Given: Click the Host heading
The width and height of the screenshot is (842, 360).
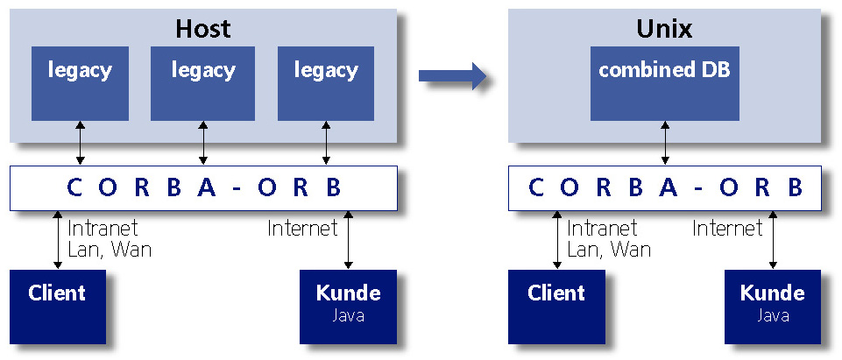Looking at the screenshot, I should point(202,28).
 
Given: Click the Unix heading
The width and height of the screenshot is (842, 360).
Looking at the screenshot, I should point(663,28).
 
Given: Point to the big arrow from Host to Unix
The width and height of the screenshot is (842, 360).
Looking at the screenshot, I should point(451,76).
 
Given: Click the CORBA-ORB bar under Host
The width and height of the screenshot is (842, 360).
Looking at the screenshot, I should point(202,187).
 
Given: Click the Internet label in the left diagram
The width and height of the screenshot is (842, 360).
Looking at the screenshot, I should point(302,229).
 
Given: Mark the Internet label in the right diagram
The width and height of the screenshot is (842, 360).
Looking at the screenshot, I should point(727,229).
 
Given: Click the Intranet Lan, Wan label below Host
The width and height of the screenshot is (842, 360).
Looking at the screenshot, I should point(110,238).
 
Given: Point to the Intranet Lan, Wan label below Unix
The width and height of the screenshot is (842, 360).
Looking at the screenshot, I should point(609,238).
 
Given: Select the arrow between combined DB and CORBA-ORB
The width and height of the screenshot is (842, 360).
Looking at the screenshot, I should point(664,144).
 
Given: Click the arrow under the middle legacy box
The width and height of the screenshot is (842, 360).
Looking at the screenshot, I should point(203,144).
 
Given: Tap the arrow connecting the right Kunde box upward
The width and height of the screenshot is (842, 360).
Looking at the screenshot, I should point(773,239).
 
